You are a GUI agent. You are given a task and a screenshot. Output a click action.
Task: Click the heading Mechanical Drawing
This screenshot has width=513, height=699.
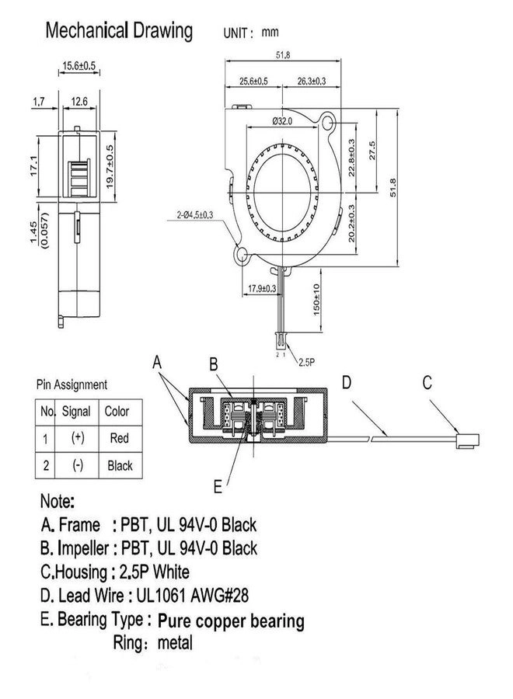coord(119,31)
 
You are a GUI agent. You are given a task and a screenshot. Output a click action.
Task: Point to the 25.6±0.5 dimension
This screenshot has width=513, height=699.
coord(253,81)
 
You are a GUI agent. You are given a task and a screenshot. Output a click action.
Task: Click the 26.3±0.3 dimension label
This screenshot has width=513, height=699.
coord(311,81)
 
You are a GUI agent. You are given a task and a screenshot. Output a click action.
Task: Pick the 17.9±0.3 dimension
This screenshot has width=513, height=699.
coord(262,288)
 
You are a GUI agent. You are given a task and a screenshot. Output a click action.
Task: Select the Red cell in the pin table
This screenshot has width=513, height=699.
coord(120,439)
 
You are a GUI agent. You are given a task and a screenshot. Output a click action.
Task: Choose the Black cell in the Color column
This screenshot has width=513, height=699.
coord(120,466)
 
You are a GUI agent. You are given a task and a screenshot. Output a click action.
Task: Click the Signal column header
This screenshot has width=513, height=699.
coord(76,412)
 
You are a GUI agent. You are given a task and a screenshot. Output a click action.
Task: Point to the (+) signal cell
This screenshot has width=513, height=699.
coord(77,439)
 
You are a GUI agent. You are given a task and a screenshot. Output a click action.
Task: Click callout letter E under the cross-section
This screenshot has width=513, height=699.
coord(218,488)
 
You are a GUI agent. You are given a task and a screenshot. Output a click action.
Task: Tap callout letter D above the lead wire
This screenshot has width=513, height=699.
coord(347,382)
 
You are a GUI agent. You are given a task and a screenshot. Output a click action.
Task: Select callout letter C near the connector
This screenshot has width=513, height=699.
coord(426,382)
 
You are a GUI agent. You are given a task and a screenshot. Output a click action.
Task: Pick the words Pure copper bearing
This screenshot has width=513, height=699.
coord(231,621)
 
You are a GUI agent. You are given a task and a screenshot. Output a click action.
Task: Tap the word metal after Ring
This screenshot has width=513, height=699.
coord(175,643)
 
